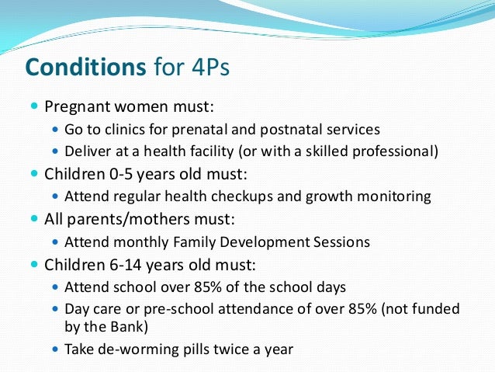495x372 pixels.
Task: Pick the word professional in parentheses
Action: (x=396, y=151)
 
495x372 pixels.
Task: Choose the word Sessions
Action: (x=340, y=242)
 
